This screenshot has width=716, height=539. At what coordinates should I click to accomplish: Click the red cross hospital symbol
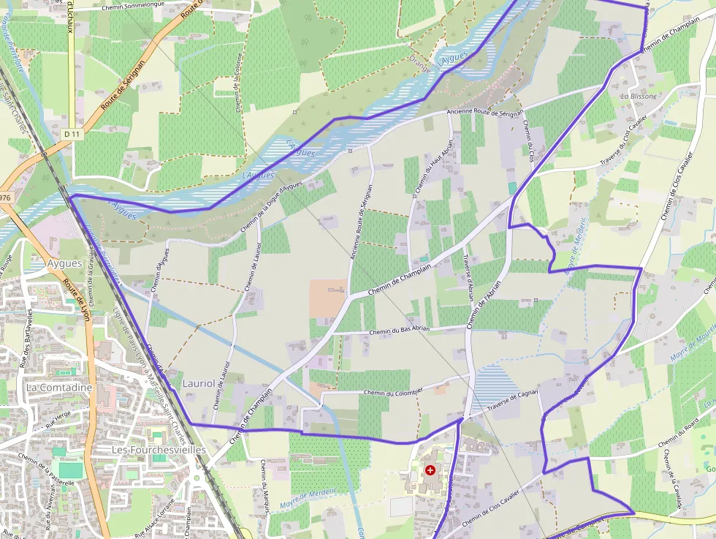point(430,470)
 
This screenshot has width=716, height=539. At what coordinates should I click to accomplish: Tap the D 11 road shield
point(71,134)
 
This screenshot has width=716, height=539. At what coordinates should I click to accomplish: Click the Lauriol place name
point(199,383)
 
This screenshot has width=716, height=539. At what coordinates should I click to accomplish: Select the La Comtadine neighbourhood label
point(58,387)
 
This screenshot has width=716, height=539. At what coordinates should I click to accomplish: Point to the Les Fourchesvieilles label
point(159,450)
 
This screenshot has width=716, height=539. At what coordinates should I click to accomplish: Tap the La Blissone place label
point(639,96)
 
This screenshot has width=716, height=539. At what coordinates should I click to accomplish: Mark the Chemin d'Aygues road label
point(160,271)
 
